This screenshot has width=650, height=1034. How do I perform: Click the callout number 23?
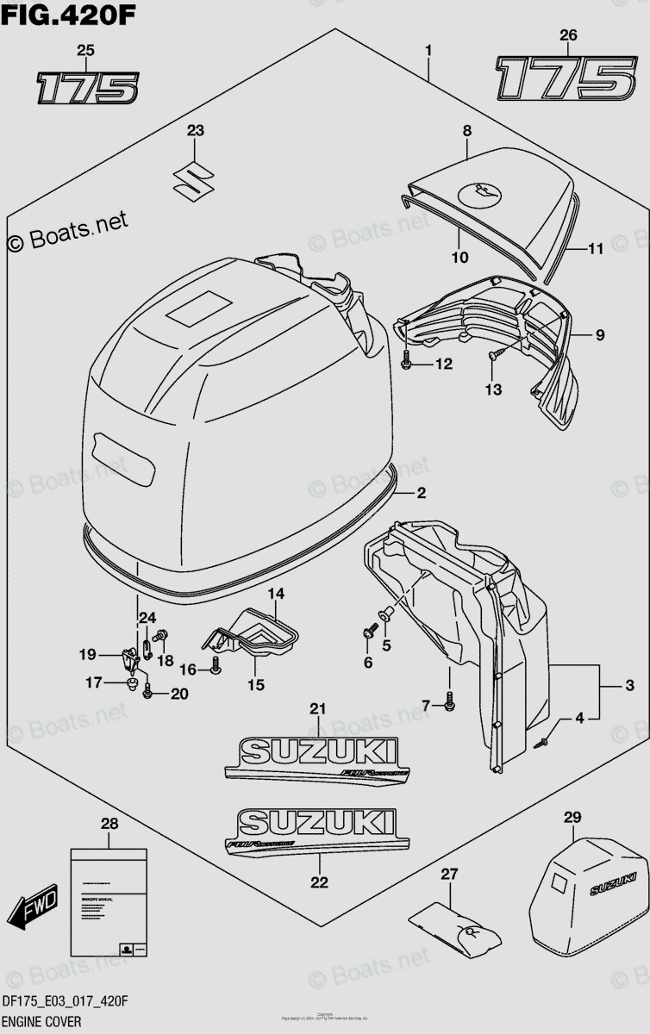[x=196, y=131]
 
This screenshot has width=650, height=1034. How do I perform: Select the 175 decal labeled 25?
[x=86, y=88]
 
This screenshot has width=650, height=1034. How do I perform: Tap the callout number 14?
[x=274, y=594]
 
